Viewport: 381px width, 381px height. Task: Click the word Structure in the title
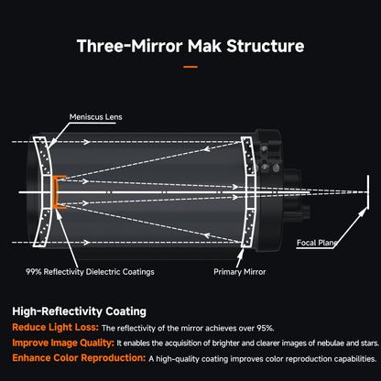(266, 46)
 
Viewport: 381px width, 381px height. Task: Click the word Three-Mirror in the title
(129, 46)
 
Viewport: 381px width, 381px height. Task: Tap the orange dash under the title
(190, 67)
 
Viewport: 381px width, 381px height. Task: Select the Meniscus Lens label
(95, 117)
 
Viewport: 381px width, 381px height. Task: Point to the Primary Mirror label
(240, 272)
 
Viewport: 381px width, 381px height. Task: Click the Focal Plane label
(317, 243)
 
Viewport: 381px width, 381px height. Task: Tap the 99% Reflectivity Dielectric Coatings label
(90, 272)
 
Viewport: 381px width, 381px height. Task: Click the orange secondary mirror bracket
(54, 192)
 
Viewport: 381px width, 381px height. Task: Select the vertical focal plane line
(368, 192)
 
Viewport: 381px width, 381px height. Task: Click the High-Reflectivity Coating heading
(79, 311)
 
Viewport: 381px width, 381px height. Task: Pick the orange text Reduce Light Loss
(56, 327)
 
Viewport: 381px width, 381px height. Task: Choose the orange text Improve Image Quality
(63, 343)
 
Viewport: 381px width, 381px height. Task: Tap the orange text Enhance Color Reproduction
(79, 358)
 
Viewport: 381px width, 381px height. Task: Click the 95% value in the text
(266, 328)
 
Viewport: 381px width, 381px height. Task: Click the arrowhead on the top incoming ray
(87, 142)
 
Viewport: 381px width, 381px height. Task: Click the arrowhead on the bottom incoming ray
(87, 243)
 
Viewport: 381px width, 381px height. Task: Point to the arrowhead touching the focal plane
(364, 211)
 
